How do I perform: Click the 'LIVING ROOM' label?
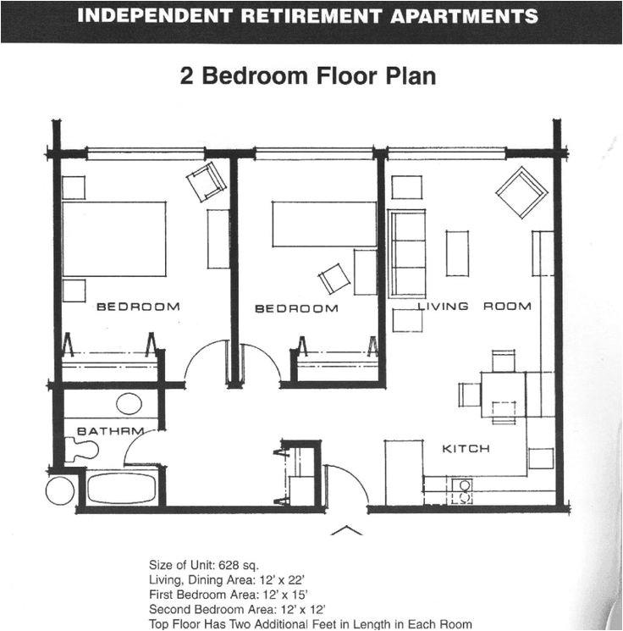(x=474, y=306)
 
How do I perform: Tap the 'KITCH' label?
(x=466, y=448)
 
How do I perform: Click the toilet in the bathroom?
(x=80, y=450)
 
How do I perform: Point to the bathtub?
(x=122, y=488)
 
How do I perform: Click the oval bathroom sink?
(x=129, y=403)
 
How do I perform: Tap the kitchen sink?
(x=462, y=491)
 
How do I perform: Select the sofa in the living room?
(x=407, y=253)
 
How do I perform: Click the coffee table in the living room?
(x=457, y=253)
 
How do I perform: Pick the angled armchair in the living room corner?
(x=521, y=192)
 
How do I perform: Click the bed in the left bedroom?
(x=113, y=239)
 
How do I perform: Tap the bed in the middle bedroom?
(x=324, y=224)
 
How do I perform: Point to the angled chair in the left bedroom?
(x=207, y=180)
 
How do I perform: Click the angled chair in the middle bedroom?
(x=334, y=279)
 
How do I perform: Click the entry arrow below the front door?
(x=345, y=530)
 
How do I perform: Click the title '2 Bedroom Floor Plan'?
(x=308, y=76)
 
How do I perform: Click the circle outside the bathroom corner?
(x=60, y=490)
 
